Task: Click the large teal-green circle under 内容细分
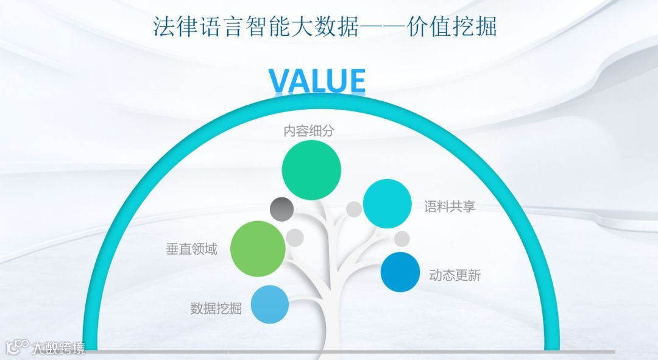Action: pyautogui.click(x=311, y=170)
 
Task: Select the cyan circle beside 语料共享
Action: pyautogui.click(x=387, y=204)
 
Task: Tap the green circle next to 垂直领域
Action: pyautogui.click(x=258, y=247)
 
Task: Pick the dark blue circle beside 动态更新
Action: pyautogui.click(x=400, y=272)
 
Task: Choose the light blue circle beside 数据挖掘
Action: pyautogui.click(x=269, y=304)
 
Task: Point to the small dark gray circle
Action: pyautogui.click(x=282, y=209)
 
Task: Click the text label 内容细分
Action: pyautogui.click(x=310, y=130)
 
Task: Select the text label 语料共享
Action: pyautogui.click(x=450, y=206)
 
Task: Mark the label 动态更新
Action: pyautogui.click(x=455, y=275)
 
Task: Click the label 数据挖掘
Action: pyautogui.click(x=216, y=308)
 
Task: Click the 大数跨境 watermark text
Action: pyautogui.click(x=58, y=348)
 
